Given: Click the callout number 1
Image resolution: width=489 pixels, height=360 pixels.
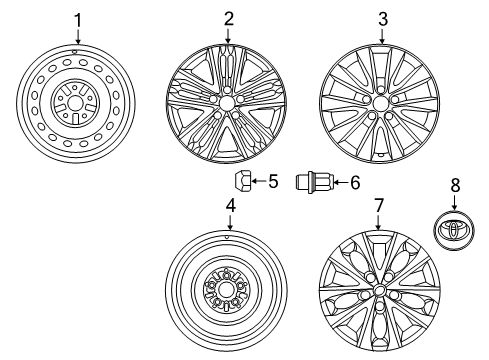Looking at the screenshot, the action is pos(77,20).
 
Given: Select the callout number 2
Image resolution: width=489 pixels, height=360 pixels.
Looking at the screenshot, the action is pos(228,19).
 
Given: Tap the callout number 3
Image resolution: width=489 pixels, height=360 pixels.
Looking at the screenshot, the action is pos(383,19).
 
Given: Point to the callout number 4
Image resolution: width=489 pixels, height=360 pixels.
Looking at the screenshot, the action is pos(231,205).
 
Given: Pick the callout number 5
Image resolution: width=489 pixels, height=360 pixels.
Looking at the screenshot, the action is pos(273,182).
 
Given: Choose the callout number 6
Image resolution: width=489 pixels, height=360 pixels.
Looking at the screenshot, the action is pos(355,183).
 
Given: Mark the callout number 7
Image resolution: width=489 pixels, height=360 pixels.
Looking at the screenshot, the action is pos(379,205).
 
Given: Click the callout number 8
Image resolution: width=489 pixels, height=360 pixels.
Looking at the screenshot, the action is pos(455,185).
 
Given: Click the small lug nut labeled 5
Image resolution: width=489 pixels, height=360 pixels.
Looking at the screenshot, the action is pos(242,182).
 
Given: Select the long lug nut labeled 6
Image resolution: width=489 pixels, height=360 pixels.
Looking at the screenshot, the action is pos(314,182).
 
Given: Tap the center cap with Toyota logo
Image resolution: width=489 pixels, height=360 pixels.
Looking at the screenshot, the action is pos(454,230).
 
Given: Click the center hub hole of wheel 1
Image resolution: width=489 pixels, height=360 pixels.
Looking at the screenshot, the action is pos(76,103).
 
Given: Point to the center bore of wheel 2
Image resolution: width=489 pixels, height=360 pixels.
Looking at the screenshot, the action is pos(226,103).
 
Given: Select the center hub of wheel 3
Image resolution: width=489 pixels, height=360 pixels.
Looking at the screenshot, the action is pos(380,103).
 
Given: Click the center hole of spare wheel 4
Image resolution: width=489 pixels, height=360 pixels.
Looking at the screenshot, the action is pos(226,290).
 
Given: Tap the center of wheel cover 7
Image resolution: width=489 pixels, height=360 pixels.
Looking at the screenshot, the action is pos(379,289).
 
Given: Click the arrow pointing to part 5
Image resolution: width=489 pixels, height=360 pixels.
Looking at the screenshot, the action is pos(258,182).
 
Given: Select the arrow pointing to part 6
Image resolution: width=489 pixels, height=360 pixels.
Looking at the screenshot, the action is pos(341,182).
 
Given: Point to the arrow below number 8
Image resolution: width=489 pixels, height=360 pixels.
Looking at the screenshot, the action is pos(454,202).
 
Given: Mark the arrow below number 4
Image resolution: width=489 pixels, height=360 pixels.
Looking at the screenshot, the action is pos(230,222).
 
